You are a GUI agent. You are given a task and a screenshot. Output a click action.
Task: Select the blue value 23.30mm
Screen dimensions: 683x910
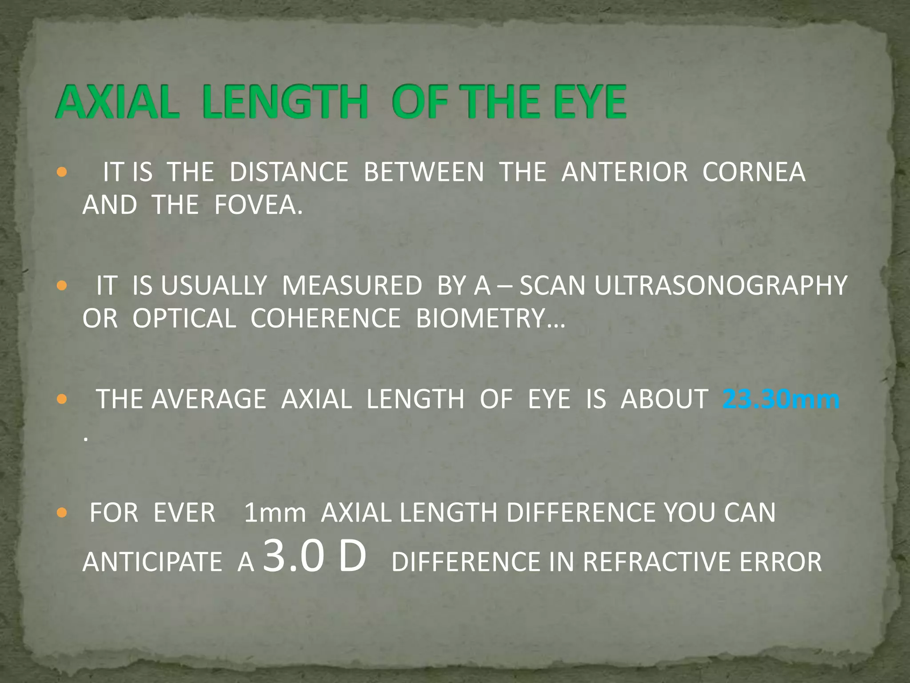781,399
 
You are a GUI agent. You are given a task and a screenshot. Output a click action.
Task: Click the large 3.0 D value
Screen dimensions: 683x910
315,557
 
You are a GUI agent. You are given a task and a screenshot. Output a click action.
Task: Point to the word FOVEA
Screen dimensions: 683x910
258,205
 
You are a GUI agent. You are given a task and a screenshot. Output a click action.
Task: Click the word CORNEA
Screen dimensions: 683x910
754,172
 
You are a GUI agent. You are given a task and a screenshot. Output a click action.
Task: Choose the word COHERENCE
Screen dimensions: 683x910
326,319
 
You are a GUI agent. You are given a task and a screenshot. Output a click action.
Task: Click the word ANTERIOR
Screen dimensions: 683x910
624,172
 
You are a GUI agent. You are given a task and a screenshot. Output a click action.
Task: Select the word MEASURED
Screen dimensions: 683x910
352,285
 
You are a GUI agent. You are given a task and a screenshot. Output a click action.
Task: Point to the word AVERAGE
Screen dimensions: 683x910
209,399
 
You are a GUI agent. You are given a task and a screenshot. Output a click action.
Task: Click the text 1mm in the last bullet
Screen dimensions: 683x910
275,513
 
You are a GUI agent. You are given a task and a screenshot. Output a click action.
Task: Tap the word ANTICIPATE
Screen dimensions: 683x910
152,562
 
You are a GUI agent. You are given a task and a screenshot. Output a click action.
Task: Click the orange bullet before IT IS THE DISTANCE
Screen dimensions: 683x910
62,172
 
